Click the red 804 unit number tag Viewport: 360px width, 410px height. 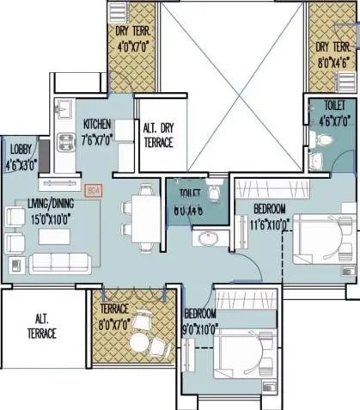point(95,191)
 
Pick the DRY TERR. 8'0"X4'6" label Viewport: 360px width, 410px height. point(332,53)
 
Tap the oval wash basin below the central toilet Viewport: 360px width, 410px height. point(207,238)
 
